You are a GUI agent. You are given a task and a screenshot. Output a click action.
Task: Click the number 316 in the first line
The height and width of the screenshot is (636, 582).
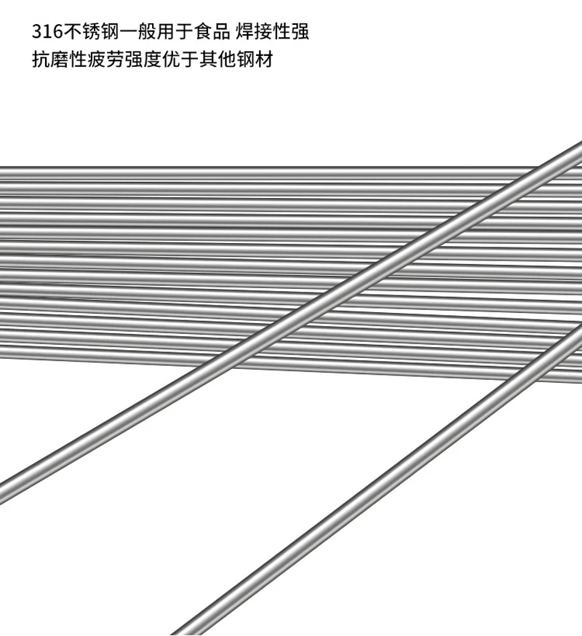(x=47, y=33)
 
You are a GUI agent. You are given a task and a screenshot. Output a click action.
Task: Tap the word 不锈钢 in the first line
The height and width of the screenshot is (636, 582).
(x=91, y=33)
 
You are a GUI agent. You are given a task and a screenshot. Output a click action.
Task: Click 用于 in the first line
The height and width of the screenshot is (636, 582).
(x=178, y=33)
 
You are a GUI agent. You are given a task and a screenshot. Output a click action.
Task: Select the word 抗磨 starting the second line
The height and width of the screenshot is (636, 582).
(x=49, y=60)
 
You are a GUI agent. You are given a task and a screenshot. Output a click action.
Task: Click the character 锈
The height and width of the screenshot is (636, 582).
(x=91, y=33)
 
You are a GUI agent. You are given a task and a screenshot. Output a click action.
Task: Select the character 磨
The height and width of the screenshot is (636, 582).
(x=59, y=60)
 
